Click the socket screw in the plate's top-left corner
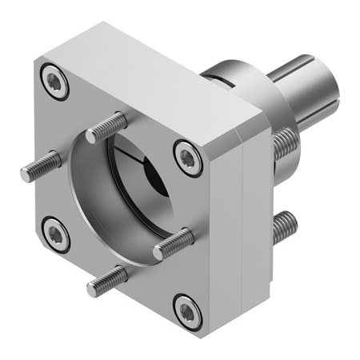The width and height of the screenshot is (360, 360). tap(55, 82)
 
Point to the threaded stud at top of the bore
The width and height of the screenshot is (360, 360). tap(106, 127)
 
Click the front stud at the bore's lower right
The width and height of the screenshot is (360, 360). tap(174, 242)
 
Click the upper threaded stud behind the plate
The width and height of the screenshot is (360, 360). tap(285, 146)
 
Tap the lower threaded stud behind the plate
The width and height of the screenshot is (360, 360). tap(283, 226)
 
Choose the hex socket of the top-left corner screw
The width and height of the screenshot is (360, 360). tap(55, 82)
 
